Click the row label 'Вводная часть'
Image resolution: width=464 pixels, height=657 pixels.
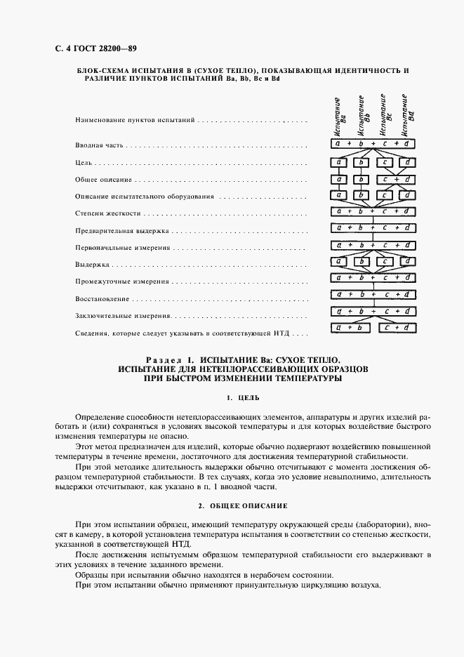click(99, 145)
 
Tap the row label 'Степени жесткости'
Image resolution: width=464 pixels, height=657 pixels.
click(108, 213)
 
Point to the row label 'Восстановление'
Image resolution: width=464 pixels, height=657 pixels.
click(102, 298)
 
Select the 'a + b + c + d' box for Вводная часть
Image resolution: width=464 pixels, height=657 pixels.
click(373, 144)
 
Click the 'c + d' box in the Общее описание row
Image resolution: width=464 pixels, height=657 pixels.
click(396, 179)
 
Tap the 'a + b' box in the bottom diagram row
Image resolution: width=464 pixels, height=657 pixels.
click(350, 327)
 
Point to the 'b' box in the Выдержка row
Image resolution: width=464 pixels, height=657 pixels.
click(362, 262)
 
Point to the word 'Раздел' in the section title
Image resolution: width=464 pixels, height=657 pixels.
click(164, 358)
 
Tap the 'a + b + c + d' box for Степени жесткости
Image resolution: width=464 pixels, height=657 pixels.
click(373, 211)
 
